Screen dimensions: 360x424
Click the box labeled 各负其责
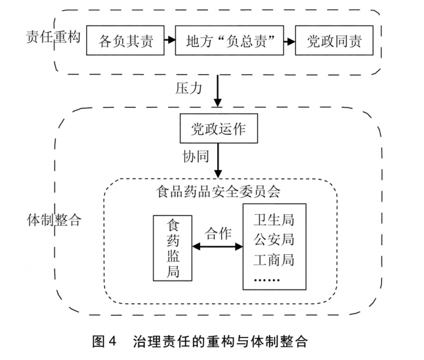pos(125,41)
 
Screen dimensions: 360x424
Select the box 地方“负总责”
pos(229,41)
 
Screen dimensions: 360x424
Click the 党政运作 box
pos(218,129)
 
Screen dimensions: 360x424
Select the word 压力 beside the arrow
pos(188,89)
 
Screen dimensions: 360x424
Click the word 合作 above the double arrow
pos(218,234)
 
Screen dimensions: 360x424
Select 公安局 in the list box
pos(273,239)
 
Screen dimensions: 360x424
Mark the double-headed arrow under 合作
pos(218,247)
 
